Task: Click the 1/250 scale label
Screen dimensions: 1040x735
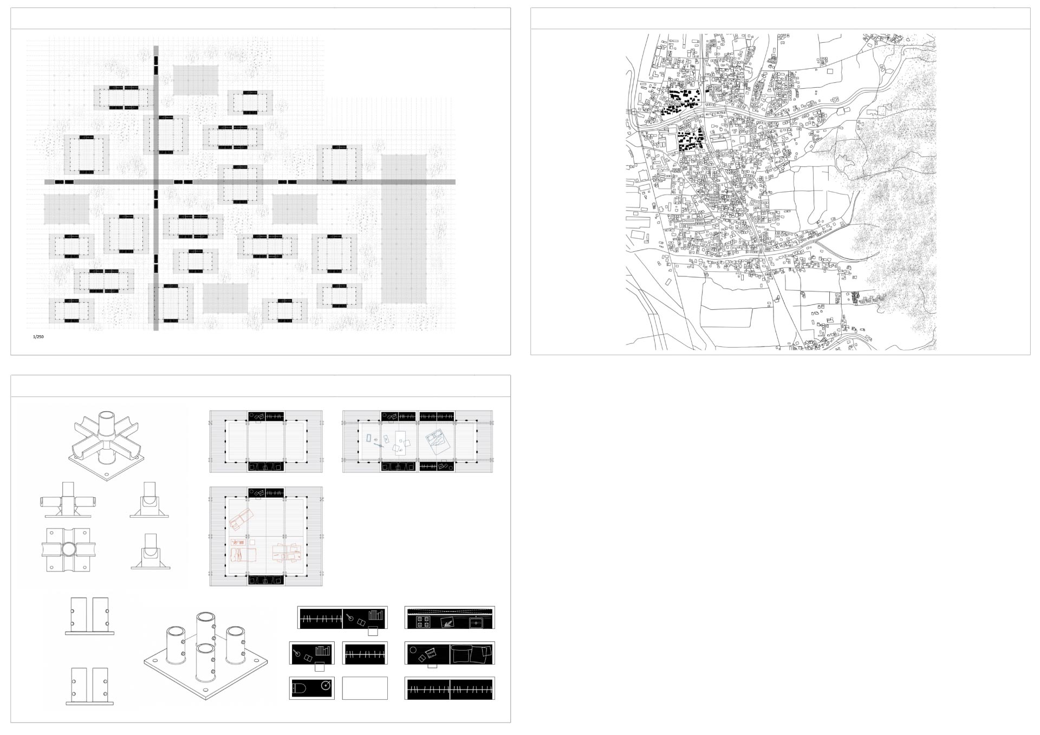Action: tap(38, 337)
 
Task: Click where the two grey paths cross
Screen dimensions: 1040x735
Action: tap(157, 182)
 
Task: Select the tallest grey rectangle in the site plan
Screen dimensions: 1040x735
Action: tap(404, 229)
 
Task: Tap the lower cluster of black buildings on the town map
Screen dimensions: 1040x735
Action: tap(689, 141)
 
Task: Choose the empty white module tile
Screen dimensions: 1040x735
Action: tap(365, 688)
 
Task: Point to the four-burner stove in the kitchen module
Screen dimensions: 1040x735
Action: tap(423, 623)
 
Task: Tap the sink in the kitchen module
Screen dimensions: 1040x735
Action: tap(477, 623)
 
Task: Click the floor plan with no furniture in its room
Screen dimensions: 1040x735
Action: tap(266, 442)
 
